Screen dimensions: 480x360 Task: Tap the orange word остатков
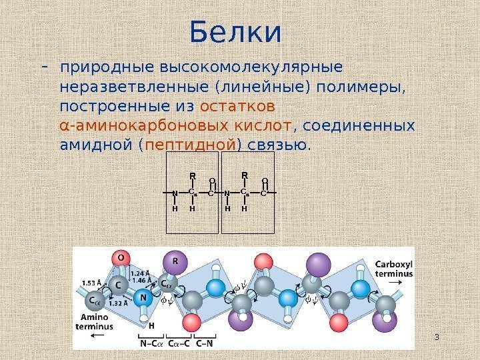point(237,107)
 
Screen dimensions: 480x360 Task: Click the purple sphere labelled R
point(175,261)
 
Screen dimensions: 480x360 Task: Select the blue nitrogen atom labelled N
point(142,298)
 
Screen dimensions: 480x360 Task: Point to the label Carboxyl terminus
point(393,267)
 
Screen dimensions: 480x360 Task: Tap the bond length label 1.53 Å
point(92,283)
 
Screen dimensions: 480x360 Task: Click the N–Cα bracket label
point(149,344)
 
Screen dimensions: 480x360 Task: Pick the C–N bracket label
point(205,344)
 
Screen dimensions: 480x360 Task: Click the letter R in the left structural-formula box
point(191,176)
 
